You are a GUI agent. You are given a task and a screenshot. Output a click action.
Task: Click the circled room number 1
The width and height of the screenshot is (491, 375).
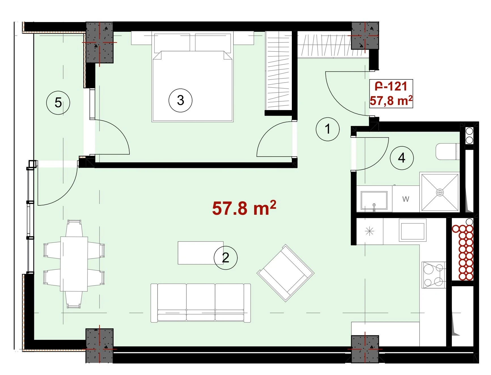tap(328, 129)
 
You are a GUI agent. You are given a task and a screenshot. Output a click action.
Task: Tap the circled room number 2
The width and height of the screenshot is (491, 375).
tap(226, 258)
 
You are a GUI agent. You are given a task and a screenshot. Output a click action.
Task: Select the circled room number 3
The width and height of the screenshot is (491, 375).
tap(180, 100)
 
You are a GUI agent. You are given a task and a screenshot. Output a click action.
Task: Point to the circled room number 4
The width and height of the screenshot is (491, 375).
tap(401, 158)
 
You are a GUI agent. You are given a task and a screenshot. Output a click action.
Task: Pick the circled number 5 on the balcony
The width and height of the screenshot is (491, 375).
tap(58, 102)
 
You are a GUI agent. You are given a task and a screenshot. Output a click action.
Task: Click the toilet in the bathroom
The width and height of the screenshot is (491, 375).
tap(447, 151)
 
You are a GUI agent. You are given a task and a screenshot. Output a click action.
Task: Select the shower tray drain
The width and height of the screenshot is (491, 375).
tap(440, 193)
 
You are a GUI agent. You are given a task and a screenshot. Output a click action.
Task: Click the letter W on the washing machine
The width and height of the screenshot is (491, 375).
tap(406, 199)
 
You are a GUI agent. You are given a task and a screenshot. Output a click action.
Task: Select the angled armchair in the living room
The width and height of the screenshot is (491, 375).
tap(285, 273)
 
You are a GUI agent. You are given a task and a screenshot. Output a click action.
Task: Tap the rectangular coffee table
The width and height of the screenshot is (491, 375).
tap(201, 253)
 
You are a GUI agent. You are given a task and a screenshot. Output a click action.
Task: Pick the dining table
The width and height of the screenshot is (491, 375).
tap(74, 264)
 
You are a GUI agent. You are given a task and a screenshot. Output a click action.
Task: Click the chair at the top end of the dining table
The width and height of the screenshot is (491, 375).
tap(74, 228)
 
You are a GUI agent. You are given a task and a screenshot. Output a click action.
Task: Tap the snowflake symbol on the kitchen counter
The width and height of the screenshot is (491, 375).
tap(369, 231)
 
